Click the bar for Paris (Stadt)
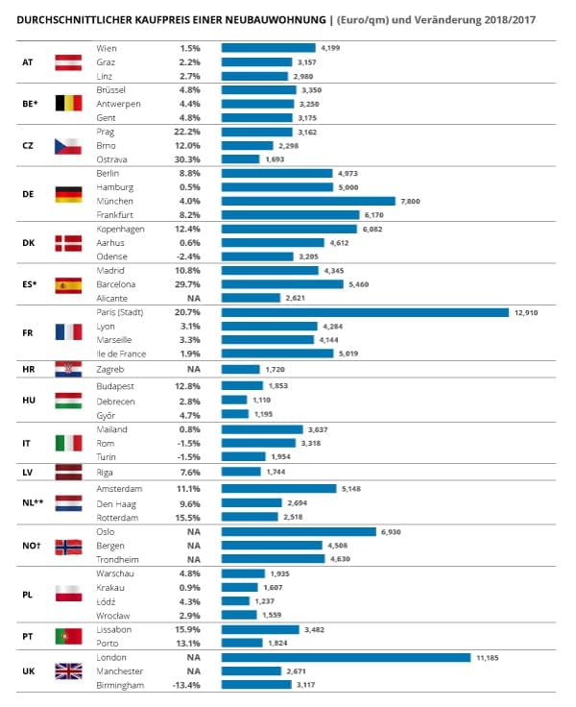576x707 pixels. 365,312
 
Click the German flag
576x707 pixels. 68,193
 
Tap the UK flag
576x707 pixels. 68,671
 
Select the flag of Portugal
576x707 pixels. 68,636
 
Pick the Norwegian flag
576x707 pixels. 68,546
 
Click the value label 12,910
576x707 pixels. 529,312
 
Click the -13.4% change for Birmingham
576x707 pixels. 184,685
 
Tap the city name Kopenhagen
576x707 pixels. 121,229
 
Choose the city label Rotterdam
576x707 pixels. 118,516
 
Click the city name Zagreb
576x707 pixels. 111,369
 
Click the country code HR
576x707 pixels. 28,369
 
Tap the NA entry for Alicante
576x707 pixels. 192,298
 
